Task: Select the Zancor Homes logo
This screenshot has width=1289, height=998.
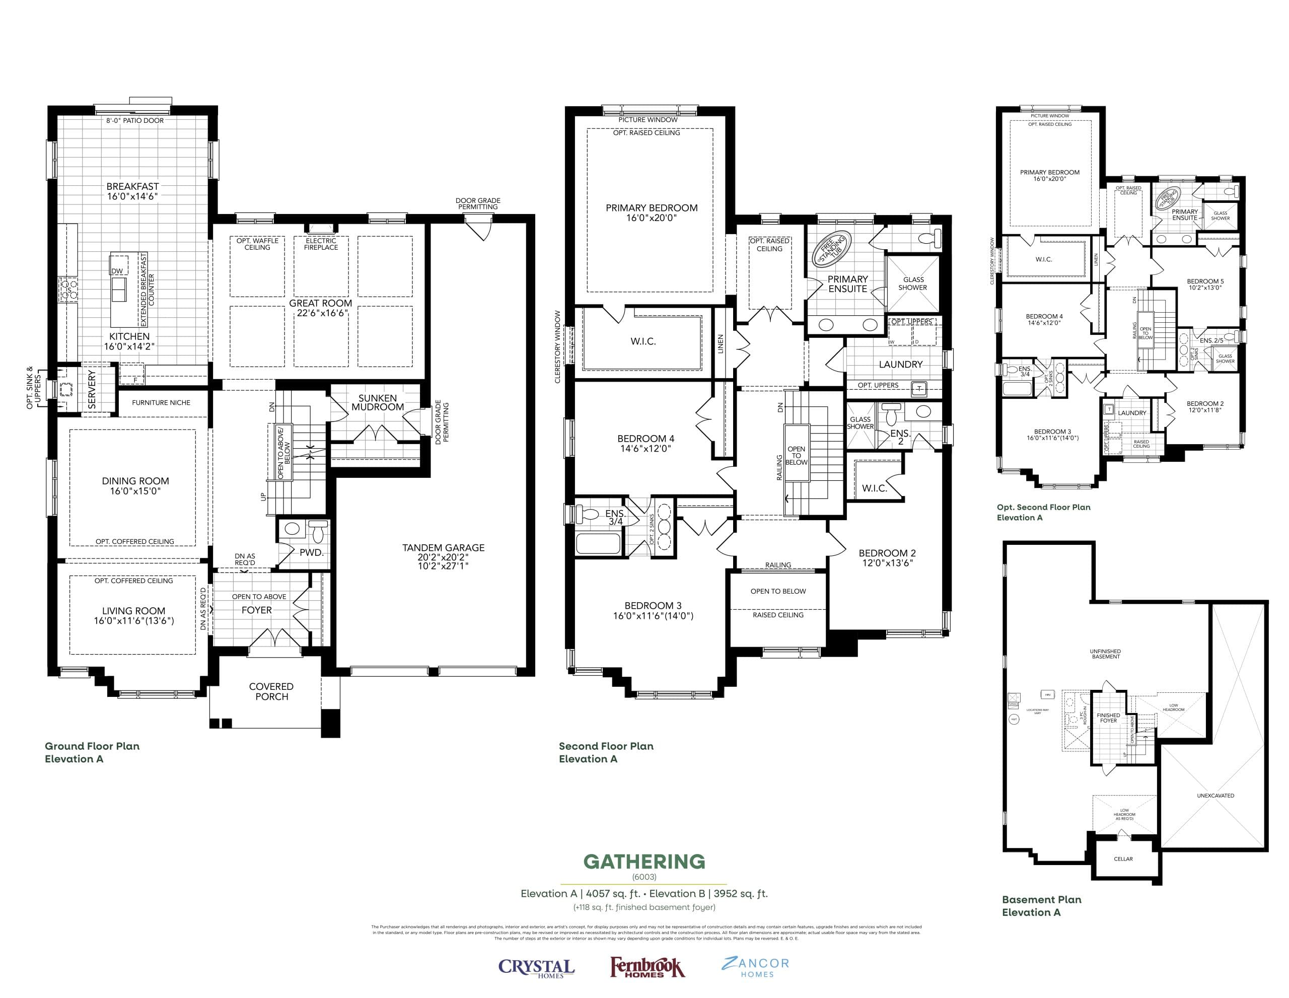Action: (x=755, y=967)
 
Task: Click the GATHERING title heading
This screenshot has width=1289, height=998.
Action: (x=644, y=862)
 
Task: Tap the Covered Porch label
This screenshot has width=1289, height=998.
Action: (x=271, y=691)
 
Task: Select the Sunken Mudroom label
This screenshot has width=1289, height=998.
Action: (x=378, y=402)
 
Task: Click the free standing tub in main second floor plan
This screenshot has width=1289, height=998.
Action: (x=832, y=250)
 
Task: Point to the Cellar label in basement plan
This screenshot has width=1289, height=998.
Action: (x=1123, y=859)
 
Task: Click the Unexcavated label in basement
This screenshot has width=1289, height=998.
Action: (x=1215, y=796)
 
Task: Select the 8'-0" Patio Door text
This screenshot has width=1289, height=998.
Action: (x=135, y=120)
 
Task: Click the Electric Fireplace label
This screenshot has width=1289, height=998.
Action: (x=321, y=244)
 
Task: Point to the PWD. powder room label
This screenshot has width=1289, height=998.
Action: (x=311, y=552)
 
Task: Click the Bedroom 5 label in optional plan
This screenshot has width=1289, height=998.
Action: (x=1205, y=284)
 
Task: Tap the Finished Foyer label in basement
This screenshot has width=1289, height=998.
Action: (x=1108, y=718)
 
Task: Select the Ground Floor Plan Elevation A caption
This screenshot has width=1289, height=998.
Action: (x=92, y=752)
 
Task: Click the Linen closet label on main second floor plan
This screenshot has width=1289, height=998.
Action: (x=720, y=344)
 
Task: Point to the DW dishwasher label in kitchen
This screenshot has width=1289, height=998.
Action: (x=117, y=271)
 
